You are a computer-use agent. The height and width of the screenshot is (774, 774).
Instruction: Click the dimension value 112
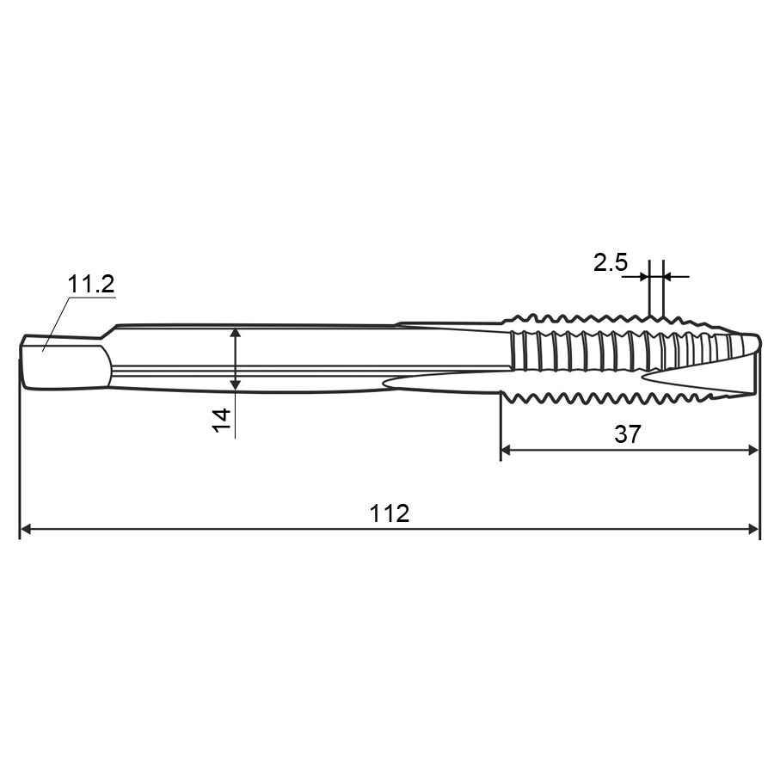coord(390,513)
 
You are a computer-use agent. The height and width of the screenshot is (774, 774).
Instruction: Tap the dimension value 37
coord(628,434)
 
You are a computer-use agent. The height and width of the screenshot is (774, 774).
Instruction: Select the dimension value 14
coord(222,420)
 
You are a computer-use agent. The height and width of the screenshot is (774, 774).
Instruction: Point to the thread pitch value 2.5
coord(611,262)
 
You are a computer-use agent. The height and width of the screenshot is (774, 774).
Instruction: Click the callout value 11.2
coord(91,284)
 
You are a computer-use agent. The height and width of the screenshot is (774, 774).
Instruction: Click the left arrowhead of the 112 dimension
coord(25,530)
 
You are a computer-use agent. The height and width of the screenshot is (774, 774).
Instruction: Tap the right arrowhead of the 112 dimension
coord(753,530)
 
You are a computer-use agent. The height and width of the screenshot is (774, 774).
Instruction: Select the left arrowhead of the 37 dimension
coord(506,450)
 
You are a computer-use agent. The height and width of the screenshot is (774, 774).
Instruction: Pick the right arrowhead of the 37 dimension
coord(752,450)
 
